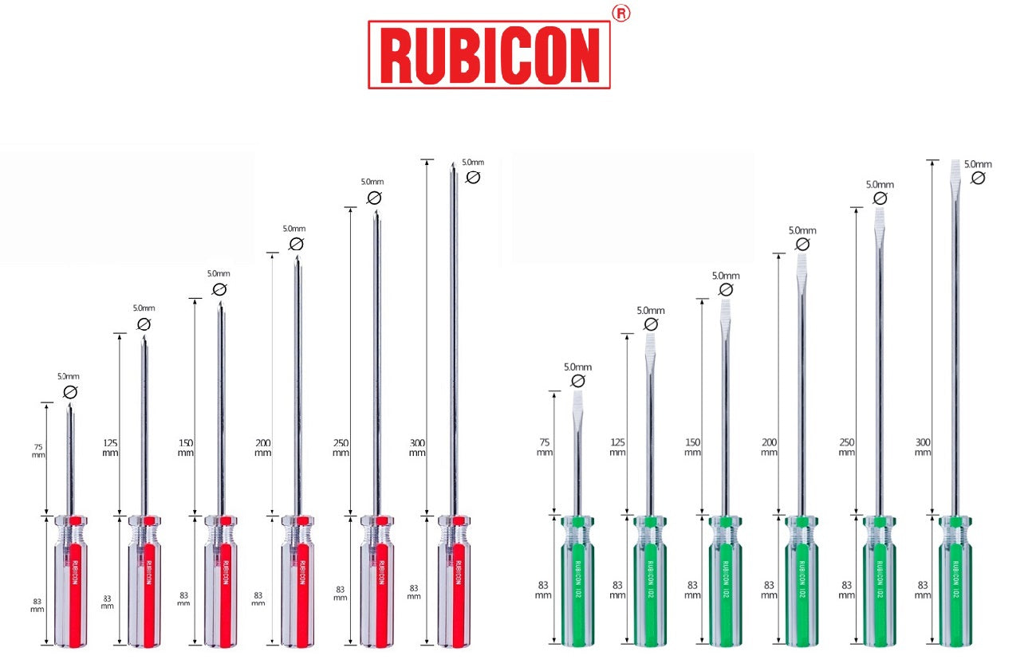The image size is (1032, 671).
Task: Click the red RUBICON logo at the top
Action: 488,54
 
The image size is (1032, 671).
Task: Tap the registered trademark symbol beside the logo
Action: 620,14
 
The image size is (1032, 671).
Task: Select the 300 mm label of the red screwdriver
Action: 417,447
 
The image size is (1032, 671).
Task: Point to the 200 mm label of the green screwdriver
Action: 769,447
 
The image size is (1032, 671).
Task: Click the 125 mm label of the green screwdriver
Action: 617,447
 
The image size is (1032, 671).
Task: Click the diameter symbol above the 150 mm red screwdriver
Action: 220,289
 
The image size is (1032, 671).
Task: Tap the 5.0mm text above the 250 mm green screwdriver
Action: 880,185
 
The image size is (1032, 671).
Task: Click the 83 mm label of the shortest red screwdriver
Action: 37,603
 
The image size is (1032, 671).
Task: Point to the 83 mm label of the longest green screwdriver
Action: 923,590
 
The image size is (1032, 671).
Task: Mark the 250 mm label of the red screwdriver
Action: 341,447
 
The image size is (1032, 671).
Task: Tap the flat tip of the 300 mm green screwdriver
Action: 955,171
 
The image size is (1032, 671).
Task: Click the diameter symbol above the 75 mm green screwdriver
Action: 578,381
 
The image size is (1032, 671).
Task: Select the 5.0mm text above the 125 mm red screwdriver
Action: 144,308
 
